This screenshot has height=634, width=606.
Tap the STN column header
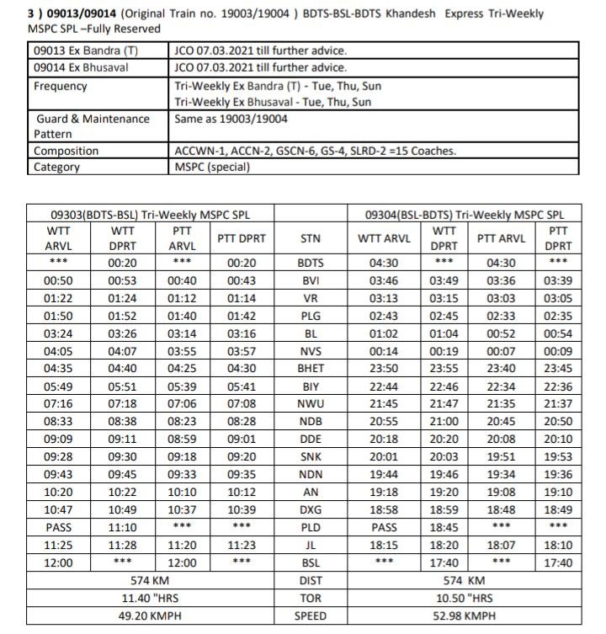(311, 238)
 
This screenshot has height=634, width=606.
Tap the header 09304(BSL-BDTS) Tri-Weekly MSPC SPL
(463, 214)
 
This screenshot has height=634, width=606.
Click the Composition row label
(66, 151)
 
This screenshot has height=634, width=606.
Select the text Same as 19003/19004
(231, 119)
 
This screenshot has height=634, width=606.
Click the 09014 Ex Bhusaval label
(81, 67)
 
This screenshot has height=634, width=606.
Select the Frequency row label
(61, 86)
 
